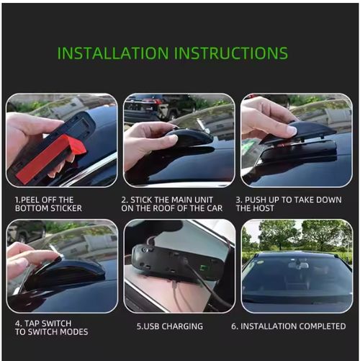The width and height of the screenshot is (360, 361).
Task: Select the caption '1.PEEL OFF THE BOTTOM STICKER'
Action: (x=48, y=204)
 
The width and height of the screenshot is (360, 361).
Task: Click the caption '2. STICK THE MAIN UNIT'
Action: (x=172, y=200)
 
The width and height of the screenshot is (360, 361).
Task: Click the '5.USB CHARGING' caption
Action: (x=170, y=326)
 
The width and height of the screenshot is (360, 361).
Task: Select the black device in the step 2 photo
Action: (x=189, y=138)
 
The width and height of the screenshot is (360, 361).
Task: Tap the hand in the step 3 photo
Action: (x=265, y=116)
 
